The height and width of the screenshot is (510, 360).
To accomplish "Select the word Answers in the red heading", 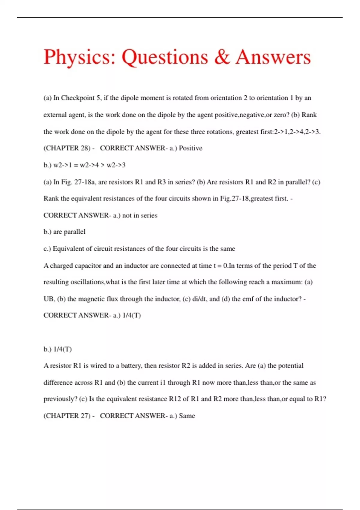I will pos(273,57).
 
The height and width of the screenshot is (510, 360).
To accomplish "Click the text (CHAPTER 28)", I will pos(67,148).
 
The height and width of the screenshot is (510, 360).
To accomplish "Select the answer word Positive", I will pos(190,148).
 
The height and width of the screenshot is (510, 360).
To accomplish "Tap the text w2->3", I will pos(116,165).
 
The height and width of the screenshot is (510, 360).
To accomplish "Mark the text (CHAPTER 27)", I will pos(67,416).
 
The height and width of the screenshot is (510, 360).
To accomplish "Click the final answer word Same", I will pos(187,416).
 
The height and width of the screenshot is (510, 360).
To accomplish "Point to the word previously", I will pos(60,399).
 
